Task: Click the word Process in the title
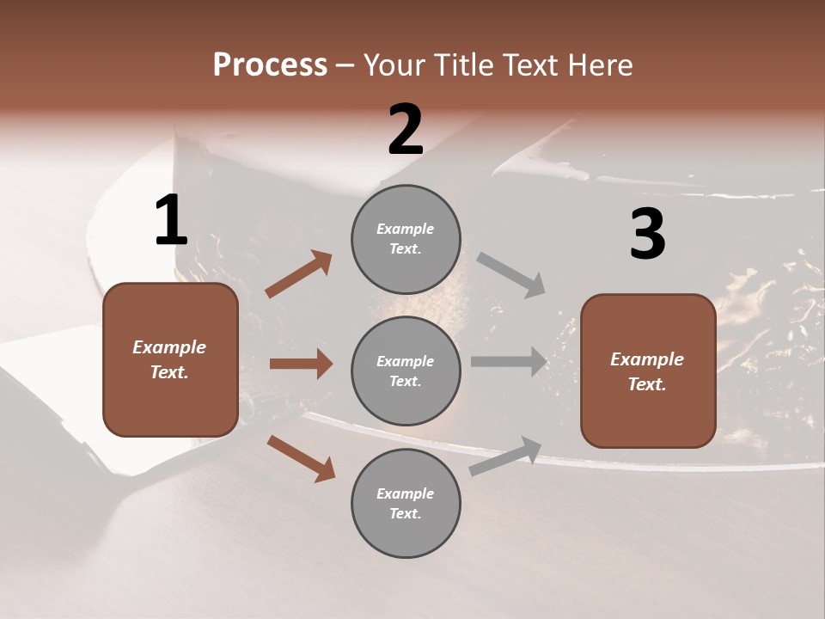point(270,64)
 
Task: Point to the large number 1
point(171,221)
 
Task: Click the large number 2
point(406,130)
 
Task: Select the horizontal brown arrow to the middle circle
point(301,364)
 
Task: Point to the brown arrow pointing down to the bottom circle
point(301,457)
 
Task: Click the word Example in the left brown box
point(169,347)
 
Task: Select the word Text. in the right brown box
point(647,384)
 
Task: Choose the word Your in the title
point(391,64)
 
